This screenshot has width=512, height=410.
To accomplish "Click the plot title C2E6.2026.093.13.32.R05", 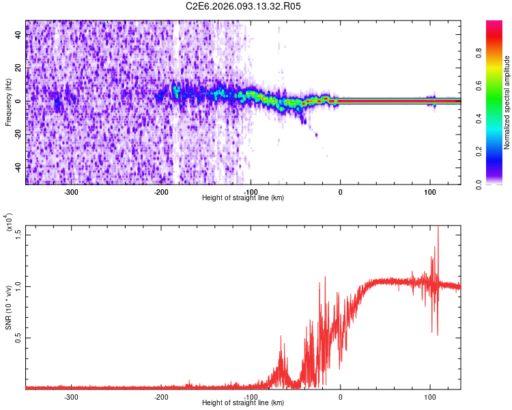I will click(x=244, y=6).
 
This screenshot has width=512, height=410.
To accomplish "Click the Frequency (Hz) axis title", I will click(x=8, y=102).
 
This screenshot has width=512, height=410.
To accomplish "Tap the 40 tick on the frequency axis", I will click(x=19, y=35).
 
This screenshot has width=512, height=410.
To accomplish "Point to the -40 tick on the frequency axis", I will click(x=19, y=167).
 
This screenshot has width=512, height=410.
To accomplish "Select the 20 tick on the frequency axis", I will click(x=19, y=68).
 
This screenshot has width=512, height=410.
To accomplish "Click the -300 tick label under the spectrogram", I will click(x=72, y=192).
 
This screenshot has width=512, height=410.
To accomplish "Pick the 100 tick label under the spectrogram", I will click(x=430, y=192).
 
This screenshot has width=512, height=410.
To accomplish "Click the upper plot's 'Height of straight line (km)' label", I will click(x=243, y=198).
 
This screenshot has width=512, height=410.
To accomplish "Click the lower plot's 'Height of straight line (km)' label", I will click(x=243, y=403).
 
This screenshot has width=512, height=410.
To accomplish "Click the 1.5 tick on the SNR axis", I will click(x=19, y=233).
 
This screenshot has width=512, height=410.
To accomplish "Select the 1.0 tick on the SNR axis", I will click(x=19, y=286).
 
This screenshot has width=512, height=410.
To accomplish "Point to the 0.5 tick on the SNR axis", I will click(x=19, y=338).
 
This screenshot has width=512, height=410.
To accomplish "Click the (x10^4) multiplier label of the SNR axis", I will click(x=9, y=223).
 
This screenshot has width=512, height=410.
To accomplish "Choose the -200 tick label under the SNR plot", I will click(x=161, y=397).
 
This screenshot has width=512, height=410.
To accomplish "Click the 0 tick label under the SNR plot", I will click(x=341, y=397).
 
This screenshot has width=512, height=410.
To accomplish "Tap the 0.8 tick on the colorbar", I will click(x=499, y=55).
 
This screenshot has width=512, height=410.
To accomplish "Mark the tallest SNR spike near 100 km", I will click(x=437, y=228).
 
